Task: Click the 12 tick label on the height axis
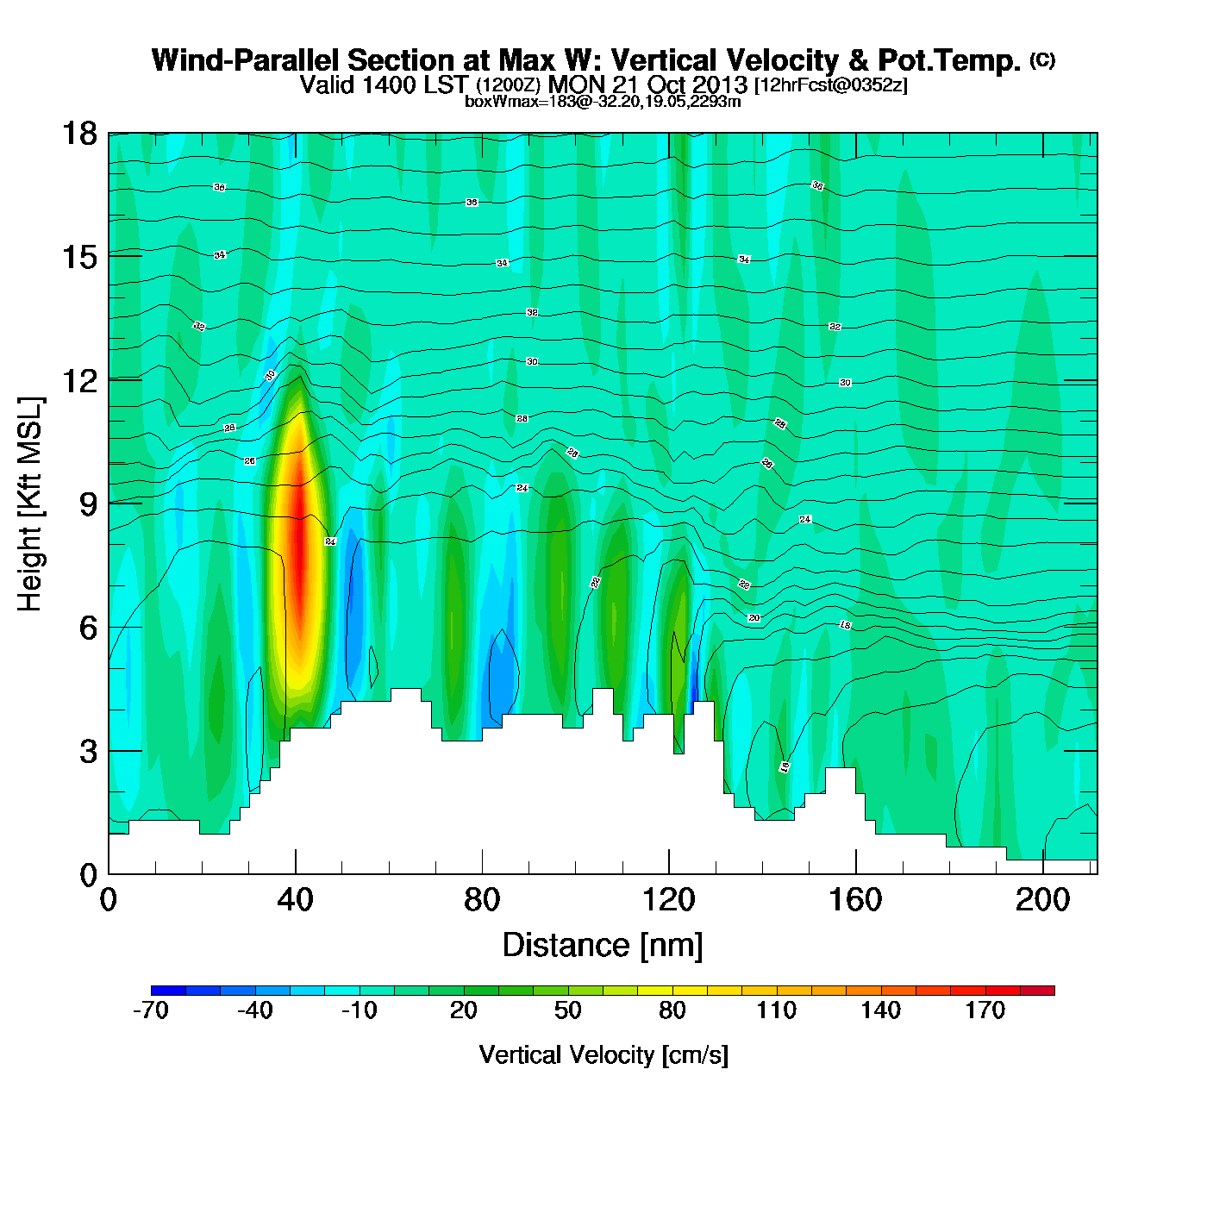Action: click(79, 380)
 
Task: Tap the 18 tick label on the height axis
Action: click(79, 134)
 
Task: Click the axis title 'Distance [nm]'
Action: click(603, 946)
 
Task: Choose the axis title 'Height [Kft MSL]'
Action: click(30, 504)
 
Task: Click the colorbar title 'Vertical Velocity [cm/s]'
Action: click(603, 1054)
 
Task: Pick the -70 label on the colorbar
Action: click(151, 1010)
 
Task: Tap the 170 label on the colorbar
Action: click(985, 1010)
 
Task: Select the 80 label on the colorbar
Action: click(672, 1010)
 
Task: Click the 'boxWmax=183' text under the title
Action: click(514, 102)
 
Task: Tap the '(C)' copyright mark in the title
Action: click(1042, 59)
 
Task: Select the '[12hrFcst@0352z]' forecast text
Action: click(830, 85)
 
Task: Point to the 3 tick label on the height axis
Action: click(88, 751)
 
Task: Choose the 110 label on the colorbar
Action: click(777, 1010)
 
